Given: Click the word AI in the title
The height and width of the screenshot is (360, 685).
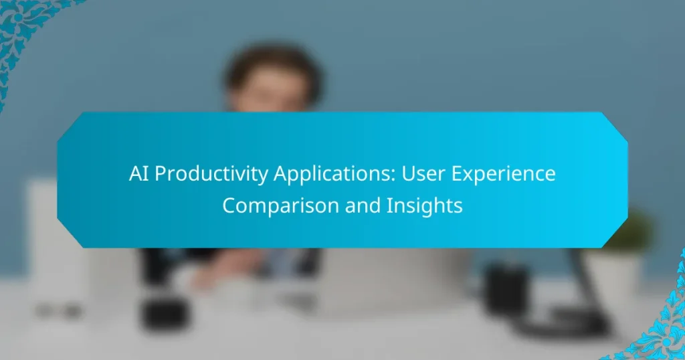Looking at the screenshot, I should (x=139, y=174).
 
